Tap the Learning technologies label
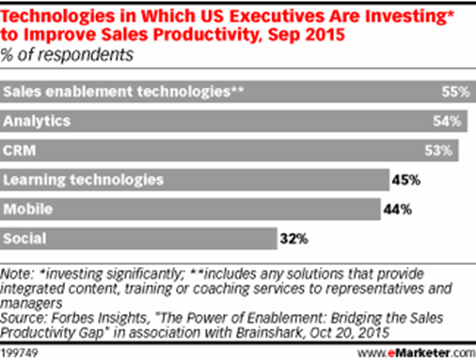(x=71, y=178)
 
